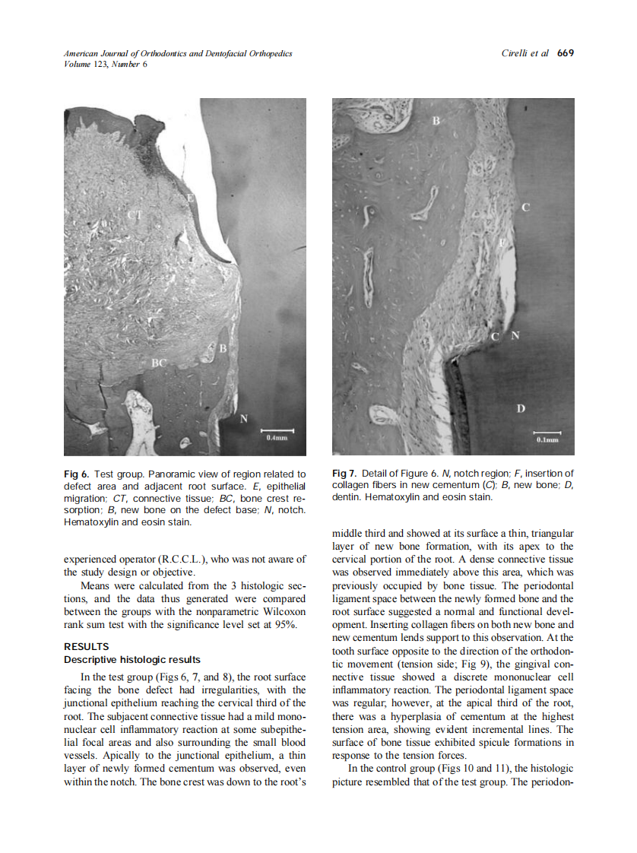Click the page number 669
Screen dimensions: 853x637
[565, 53]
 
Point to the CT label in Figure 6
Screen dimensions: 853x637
[135, 216]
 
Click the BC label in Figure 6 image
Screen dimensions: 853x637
[158, 363]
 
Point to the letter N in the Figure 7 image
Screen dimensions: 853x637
[515, 335]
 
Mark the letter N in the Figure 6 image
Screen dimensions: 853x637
[243, 418]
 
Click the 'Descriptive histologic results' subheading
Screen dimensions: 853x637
[132, 659]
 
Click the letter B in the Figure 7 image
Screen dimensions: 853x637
[436, 120]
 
